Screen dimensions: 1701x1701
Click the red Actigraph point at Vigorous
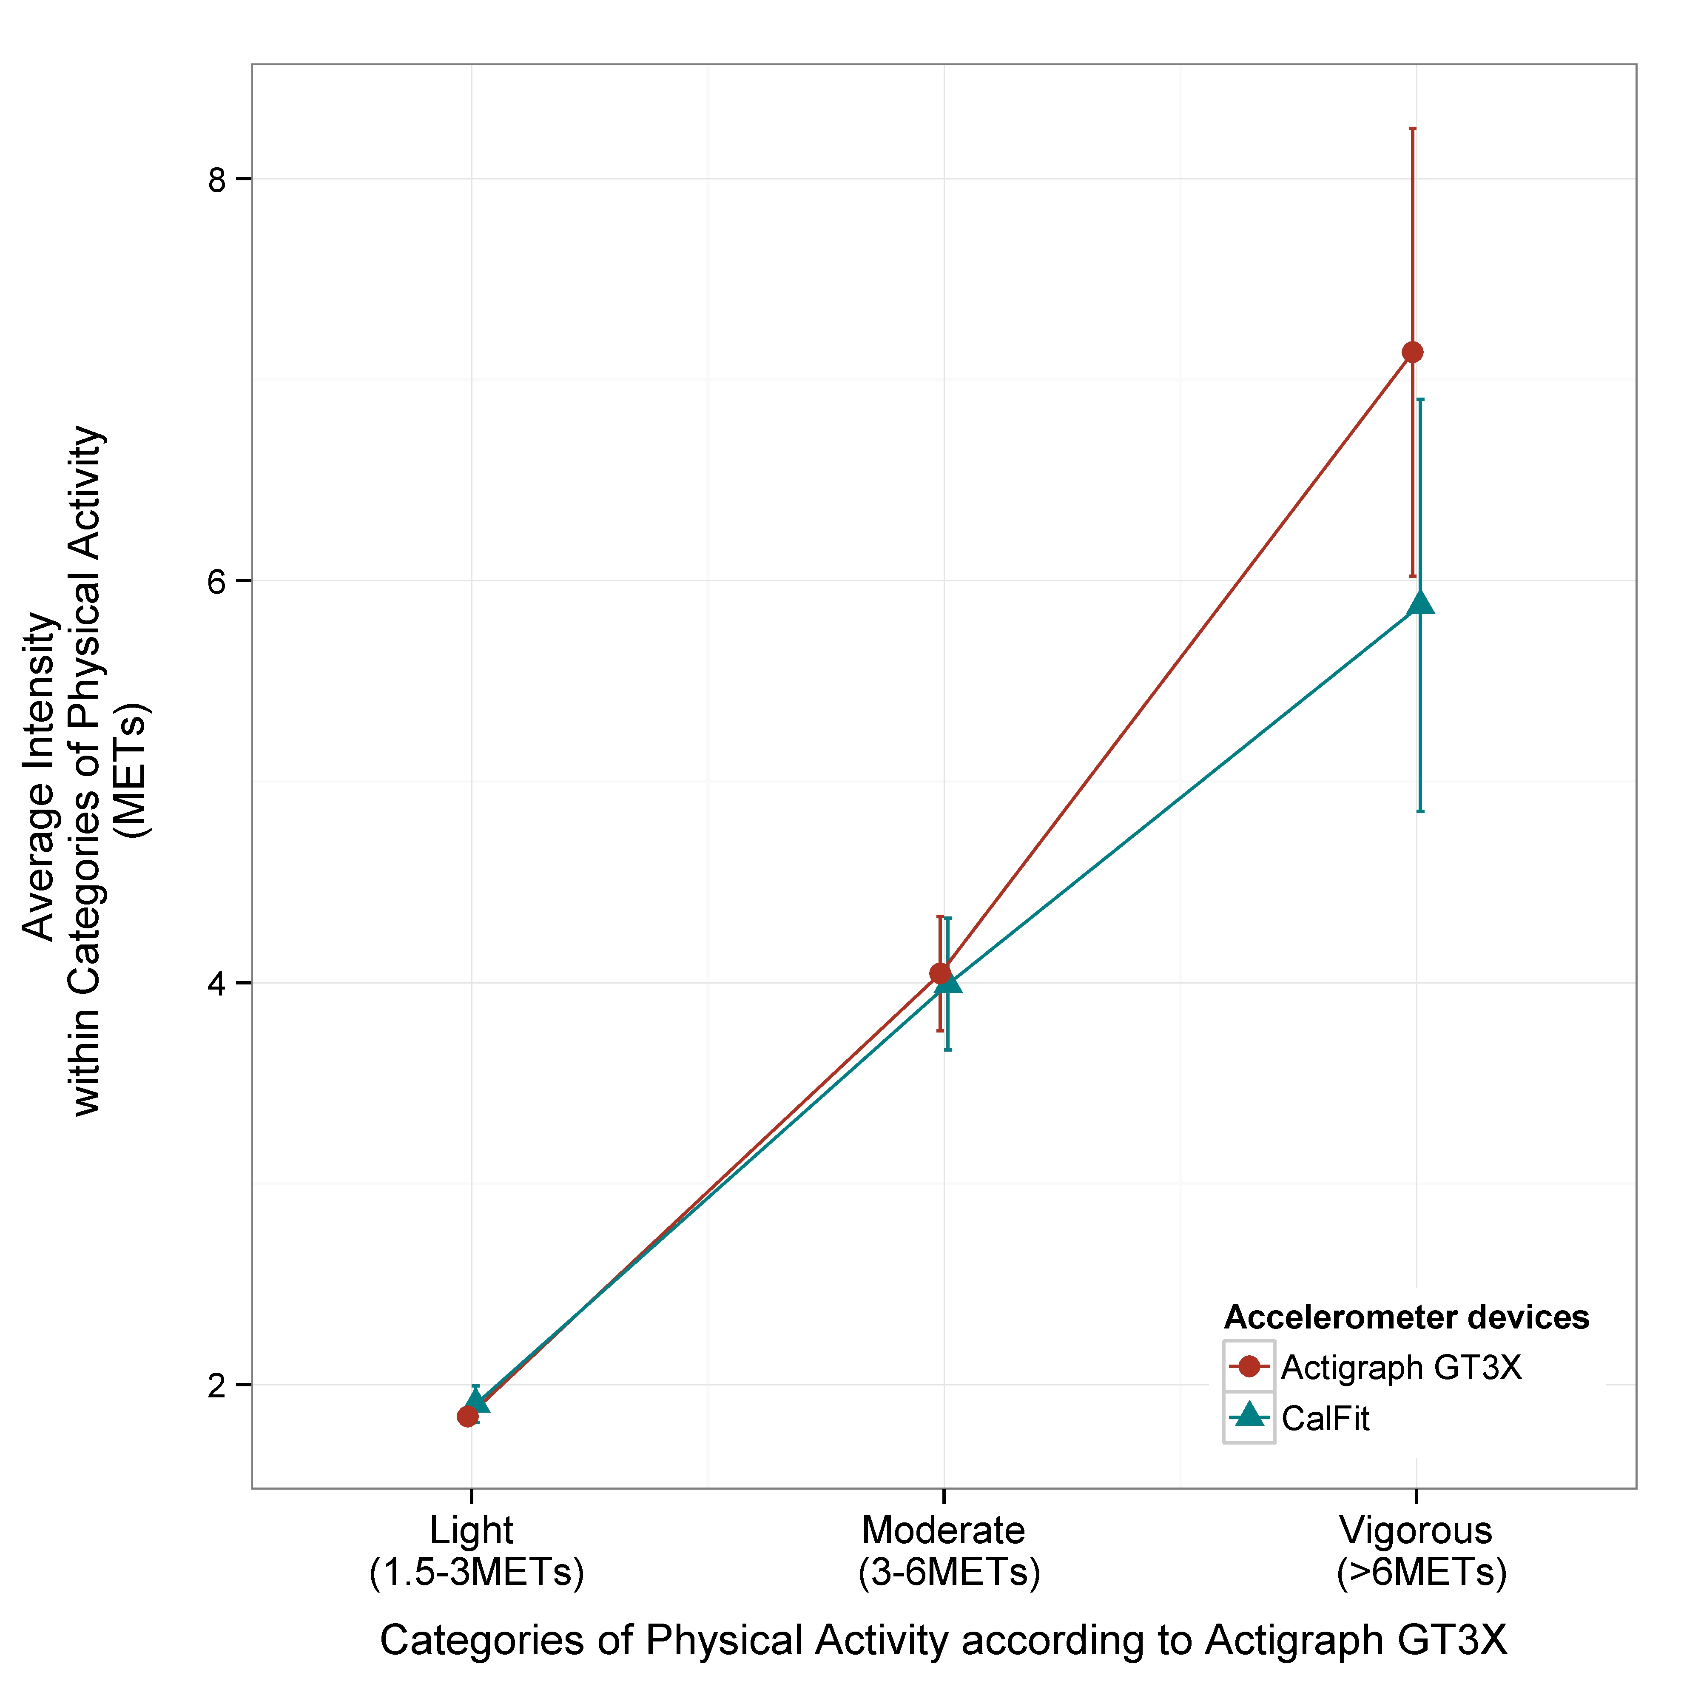(1412, 352)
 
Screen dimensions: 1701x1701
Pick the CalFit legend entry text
(1326, 1418)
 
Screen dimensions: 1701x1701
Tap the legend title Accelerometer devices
(1406, 1317)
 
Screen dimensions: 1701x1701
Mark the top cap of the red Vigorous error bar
(1412, 128)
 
